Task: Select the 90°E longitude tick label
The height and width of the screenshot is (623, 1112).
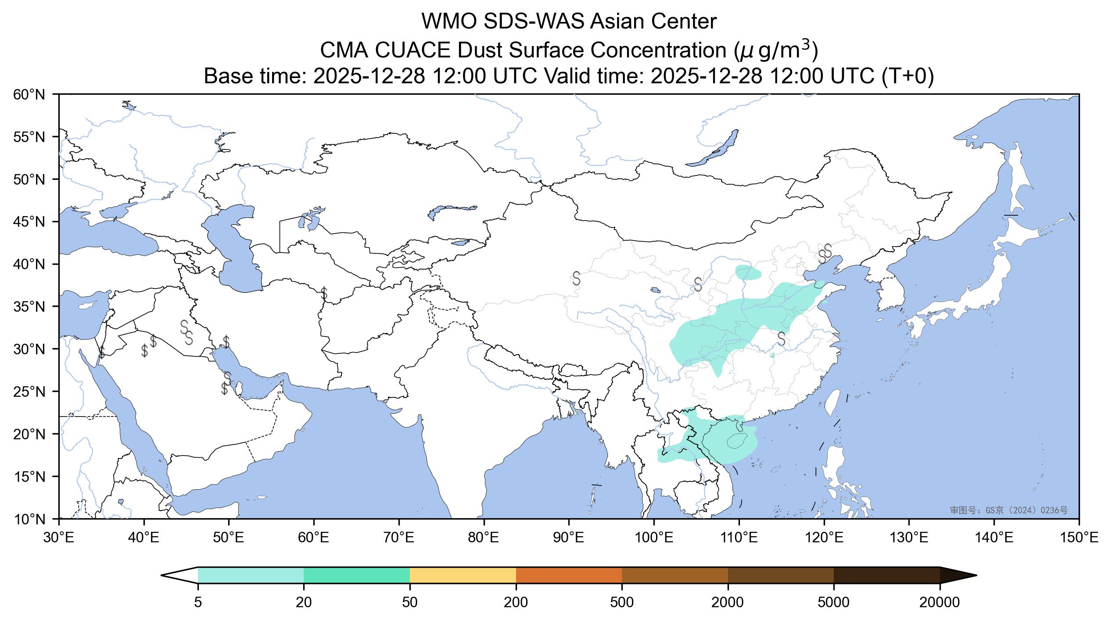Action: (x=569, y=538)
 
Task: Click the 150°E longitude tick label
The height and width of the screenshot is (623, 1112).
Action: (x=1079, y=538)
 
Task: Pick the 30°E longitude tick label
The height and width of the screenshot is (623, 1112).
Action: (x=59, y=538)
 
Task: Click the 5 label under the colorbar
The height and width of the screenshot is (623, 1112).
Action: (x=198, y=603)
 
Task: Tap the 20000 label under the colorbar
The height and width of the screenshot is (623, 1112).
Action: (x=940, y=603)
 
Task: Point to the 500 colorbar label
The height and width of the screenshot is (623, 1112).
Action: (x=622, y=603)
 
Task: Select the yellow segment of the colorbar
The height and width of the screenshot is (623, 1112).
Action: (x=463, y=576)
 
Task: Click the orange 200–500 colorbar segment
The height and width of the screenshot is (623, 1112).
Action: (x=569, y=576)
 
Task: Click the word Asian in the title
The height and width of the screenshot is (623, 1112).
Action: (x=616, y=22)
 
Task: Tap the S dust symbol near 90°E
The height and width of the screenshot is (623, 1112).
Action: (x=576, y=278)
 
